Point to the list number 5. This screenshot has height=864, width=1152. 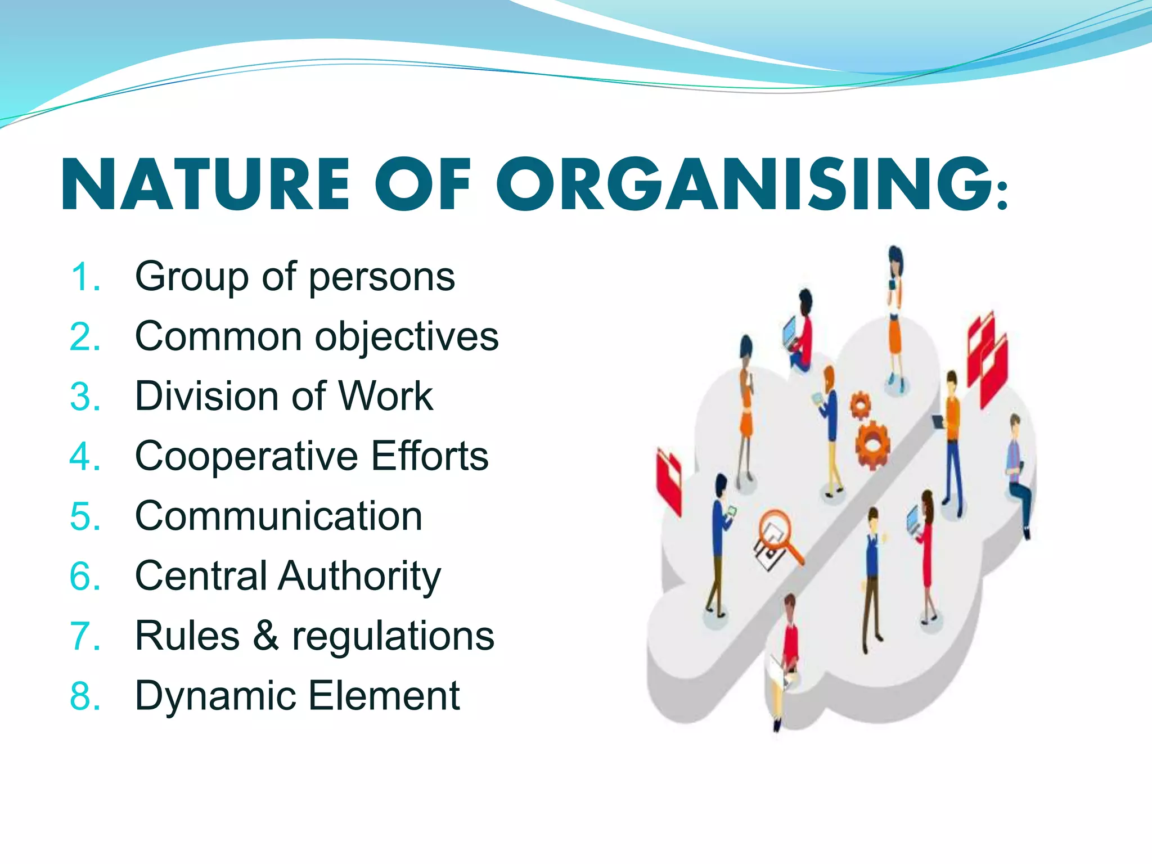tap(85, 516)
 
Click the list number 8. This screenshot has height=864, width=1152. tap(85, 696)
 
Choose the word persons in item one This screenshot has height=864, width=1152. tap(382, 278)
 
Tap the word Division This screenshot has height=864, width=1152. tap(207, 396)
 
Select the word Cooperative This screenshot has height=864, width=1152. tap(246, 456)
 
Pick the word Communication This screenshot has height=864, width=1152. tap(278, 516)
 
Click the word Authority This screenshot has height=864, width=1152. tap(359, 577)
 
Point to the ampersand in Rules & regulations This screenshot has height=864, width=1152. tap(265, 636)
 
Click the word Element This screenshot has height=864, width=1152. tap(385, 696)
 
